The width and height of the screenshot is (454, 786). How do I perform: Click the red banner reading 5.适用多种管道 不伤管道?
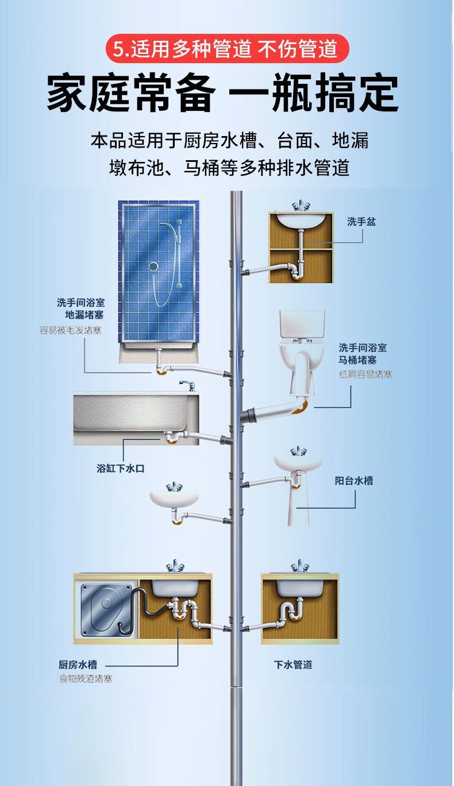(x=226, y=49)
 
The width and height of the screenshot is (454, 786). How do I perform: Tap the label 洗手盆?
(x=361, y=222)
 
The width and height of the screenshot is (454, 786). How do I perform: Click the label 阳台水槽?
(x=354, y=481)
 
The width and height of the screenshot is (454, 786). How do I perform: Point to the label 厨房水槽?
(x=78, y=664)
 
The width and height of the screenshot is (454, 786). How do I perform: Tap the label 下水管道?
(x=293, y=664)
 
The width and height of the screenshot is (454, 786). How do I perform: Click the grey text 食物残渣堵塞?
(x=86, y=679)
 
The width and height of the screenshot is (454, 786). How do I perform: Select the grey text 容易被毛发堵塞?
(x=70, y=330)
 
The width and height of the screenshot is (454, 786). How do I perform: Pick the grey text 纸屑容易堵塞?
(x=365, y=374)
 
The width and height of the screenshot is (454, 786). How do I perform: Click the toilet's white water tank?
(x=302, y=325)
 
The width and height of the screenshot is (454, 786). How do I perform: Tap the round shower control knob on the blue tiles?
(x=153, y=266)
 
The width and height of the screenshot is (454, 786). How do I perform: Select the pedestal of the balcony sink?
(x=298, y=505)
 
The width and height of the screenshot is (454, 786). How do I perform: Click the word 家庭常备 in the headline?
(x=131, y=94)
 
